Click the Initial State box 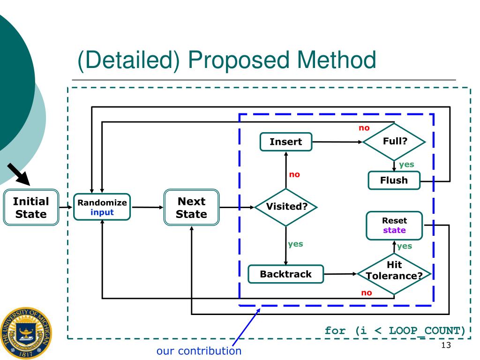pyautogui.click(x=30, y=208)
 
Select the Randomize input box pyautogui.click(x=102, y=208)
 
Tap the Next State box pyautogui.click(x=191, y=208)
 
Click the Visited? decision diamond pyautogui.click(x=285, y=207)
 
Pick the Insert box pyautogui.click(x=286, y=142)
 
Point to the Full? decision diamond pyautogui.click(x=394, y=141)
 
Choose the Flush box pyautogui.click(x=394, y=180)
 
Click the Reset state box pyautogui.click(x=394, y=225)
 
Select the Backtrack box pyautogui.click(x=285, y=274)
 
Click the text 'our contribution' pyautogui.click(x=199, y=351)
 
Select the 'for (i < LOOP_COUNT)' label pyautogui.click(x=395, y=331)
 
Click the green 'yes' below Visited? pyautogui.click(x=295, y=244)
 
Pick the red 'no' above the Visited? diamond pyautogui.click(x=294, y=175)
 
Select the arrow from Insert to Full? pyautogui.click(x=337, y=142)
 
